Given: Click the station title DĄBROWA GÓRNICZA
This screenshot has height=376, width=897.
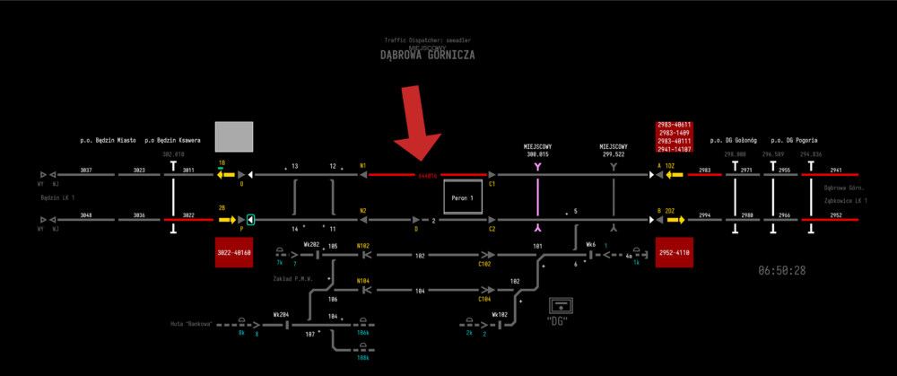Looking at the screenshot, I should [427, 55].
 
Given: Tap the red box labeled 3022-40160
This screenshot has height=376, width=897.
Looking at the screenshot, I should [234, 253].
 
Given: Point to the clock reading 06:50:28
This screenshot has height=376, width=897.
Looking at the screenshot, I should [782, 270].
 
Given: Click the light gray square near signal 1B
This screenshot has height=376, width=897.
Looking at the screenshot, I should [234, 137].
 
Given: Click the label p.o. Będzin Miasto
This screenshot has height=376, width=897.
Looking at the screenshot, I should [108, 141].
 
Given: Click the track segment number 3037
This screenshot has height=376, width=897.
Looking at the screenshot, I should [86, 170].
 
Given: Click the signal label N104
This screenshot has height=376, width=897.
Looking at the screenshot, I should [363, 281].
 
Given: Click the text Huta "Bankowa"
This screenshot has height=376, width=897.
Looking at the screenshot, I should [191, 323].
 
